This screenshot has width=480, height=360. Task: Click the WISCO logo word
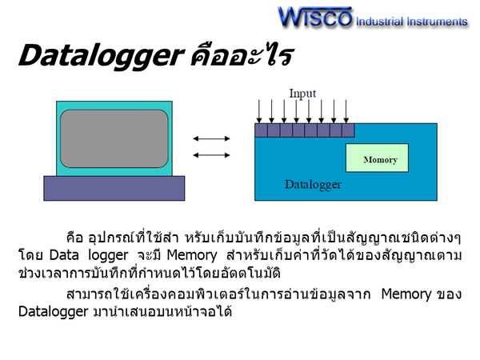click(x=315, y=17)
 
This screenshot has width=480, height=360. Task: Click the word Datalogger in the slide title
click(x=102, y=56)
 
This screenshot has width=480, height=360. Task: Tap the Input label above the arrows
click(x=302, y=94)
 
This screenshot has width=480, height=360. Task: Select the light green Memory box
click(x=377, y=158)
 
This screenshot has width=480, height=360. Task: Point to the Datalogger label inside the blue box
click(x=313, y=185)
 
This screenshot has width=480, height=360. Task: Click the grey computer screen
click(x=114, y=138)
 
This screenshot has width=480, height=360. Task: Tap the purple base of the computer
click(x=114, y=188)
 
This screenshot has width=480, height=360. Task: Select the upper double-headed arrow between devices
click(x=211, y=138)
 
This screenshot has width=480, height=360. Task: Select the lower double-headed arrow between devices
click(x=211, y=155)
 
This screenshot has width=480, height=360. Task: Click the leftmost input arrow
click(x=259, y=111)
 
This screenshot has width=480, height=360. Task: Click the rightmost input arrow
click(x=346, y=111)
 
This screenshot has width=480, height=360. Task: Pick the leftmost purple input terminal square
click(x=261, y=130)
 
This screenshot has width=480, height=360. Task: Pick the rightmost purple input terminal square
click(x=348, y=130)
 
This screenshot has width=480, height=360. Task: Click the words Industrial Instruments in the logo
click(x=412, y=22)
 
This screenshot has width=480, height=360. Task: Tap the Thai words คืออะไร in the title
click(x=242, y=55)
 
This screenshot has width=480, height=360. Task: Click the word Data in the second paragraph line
click(x=64, y=255)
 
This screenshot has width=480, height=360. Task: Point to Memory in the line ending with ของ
click(x=406, y=294)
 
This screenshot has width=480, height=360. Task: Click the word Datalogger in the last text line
click(x=54, y=312)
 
